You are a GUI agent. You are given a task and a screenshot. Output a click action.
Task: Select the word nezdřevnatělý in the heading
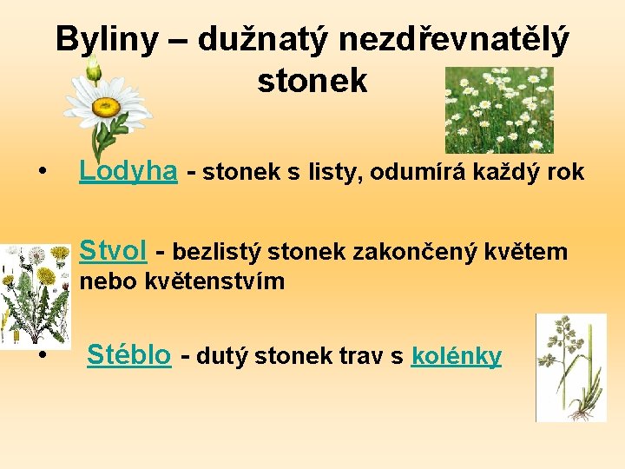point(455,39)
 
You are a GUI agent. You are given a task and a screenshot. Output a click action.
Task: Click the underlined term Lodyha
point(128,171)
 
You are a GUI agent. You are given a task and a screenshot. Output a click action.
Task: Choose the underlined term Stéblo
point(129,355)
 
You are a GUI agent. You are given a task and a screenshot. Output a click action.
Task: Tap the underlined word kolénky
point(457,356)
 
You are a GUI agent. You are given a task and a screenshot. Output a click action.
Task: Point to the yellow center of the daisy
point(107,108)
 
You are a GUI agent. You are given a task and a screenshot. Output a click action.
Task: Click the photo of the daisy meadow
point(498,109)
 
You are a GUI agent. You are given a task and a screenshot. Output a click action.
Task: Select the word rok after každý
point(566,172)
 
